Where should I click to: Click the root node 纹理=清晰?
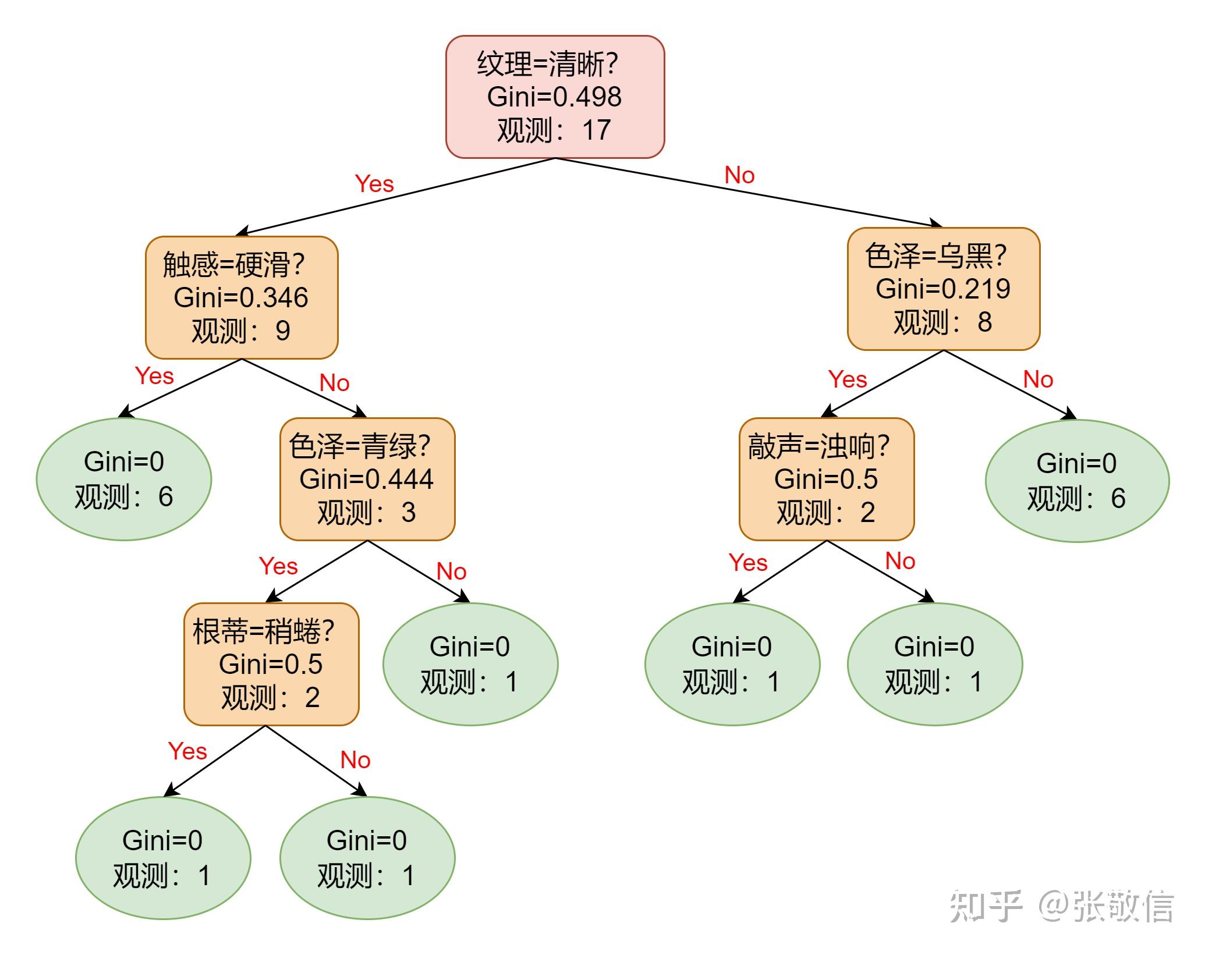pyautogui.click(x=555, y=97)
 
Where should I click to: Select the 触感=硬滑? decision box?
pyautogui.click(x=241, y=297)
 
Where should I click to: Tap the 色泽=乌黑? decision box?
pyautogui.click(x=943, y=289)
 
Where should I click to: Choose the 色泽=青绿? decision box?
pyautogui.click(x=367, y=479)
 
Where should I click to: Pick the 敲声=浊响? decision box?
pyautogui.click(x=826, y=479)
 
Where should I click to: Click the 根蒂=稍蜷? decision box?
pyautogui.click(x=271, y=664)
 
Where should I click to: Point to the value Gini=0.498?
pyautogui.click(x=554, y=97)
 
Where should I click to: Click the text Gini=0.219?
pyautogui.click(x=942, y=289)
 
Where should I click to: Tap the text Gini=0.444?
pyautogui.click(x=366, y=480)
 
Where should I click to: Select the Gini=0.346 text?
pyautogui.click(x=240, y=298)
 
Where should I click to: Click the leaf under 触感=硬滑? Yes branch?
pyautogui.click(x=124, y=479)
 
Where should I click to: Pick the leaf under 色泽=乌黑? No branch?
pyautogui.click(x=1076, y=481)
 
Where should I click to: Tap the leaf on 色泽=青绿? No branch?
pyautogui.click(x=470, y=664)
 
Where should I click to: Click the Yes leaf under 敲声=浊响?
pyautogui.click(x=732, y=664)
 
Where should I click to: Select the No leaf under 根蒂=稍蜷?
pyautogui.click(x=367, y=858)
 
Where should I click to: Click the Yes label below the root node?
pyautogui.click(x=374, y=184)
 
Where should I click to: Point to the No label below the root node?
pyautogui.click(x=739, y=175)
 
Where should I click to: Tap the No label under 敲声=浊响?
pyautogui.click(x=900, y=561)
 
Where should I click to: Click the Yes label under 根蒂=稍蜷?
pyautogui.click(x=187, y=751)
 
